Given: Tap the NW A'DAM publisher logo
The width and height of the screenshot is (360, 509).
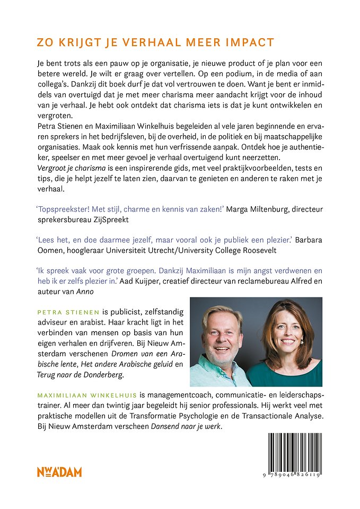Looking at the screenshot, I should click(59, 472).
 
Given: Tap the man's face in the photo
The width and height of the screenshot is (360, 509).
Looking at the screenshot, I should click(223, 335).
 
